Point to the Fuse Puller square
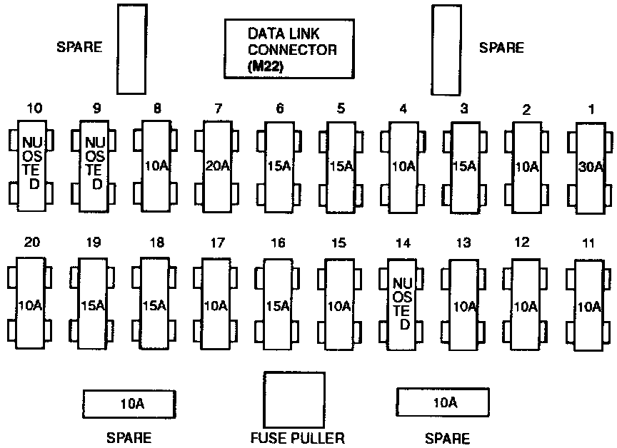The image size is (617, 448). tap(293, 398)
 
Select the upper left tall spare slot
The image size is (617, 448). tap(132, 49)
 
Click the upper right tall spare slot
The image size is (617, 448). tap(444, 49)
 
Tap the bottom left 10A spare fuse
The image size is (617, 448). tap(129, 403)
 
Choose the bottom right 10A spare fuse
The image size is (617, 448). tap(443, 403)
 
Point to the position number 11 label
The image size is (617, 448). tap(588, 243)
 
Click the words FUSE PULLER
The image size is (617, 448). tap(297, 438)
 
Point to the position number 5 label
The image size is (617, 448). tap(341, 108)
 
